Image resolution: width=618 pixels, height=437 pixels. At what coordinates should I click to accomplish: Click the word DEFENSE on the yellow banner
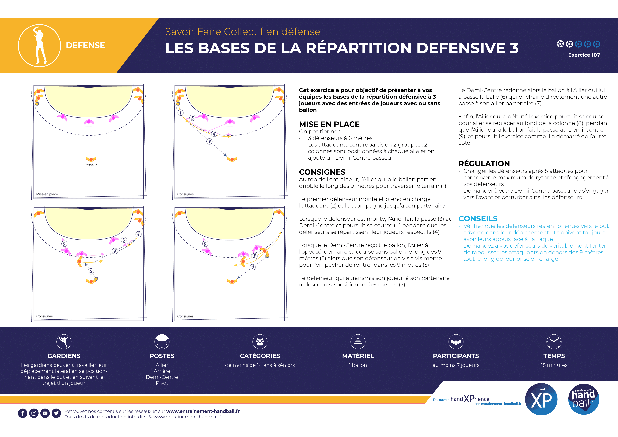click(x=85, y=45)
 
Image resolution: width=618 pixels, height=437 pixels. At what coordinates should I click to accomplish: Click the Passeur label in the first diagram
click(x=90, y=165)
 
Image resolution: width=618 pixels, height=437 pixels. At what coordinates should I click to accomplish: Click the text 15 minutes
click(x=554, y=365)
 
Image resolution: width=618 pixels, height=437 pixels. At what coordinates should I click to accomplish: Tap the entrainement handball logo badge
click(x=584, y=399)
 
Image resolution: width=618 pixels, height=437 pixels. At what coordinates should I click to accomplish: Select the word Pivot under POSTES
click(x=162, y=383)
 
